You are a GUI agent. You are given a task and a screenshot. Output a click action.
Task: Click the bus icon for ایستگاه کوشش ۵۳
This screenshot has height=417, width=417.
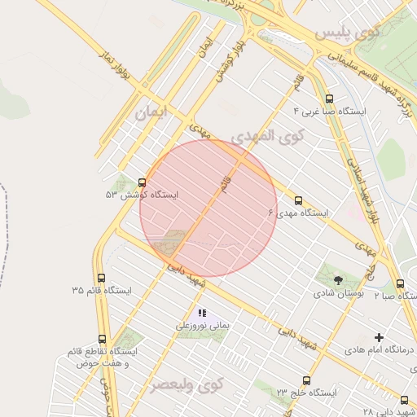143,182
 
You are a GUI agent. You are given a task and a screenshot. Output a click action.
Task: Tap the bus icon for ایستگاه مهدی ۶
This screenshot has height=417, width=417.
297,200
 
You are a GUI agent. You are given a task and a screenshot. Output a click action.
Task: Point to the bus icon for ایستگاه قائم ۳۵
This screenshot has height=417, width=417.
101,278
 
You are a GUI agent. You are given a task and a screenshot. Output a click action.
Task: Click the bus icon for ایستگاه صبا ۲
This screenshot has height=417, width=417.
399,283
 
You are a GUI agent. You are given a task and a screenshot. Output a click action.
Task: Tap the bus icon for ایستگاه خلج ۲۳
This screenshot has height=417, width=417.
306,380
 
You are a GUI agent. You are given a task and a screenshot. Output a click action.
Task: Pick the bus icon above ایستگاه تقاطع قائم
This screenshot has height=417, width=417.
102,339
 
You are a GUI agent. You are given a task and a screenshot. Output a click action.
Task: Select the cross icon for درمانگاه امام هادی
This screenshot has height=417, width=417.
379,337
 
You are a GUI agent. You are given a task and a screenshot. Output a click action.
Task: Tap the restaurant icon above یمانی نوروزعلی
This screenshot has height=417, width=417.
202,312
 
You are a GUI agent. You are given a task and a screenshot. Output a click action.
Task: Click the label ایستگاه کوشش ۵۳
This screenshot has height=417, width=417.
142,195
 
